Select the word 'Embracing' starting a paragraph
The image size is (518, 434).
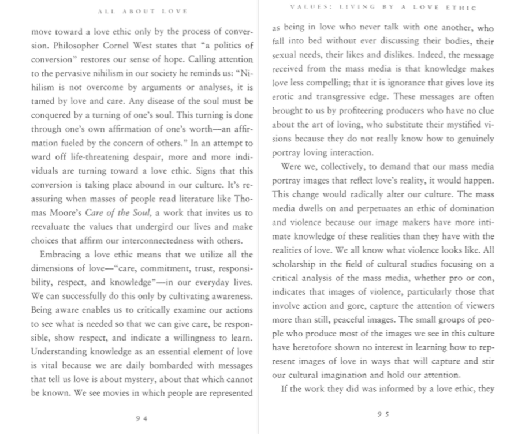(62, 255)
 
